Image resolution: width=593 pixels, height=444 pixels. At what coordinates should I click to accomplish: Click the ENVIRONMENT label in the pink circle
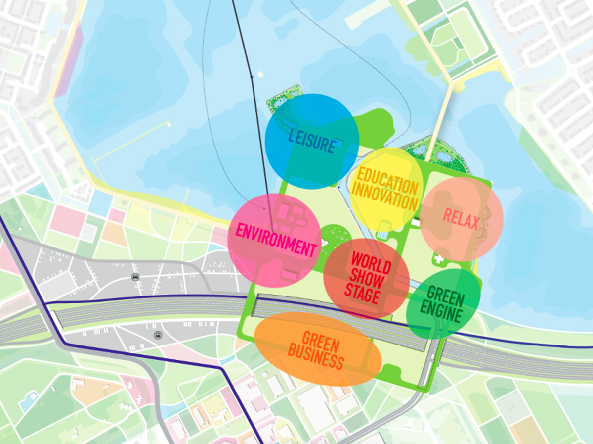(x=275, y=240)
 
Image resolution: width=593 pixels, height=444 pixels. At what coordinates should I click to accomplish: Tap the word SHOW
(x=368, y=280)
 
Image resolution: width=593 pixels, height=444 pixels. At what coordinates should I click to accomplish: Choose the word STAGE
(x=363, y=295)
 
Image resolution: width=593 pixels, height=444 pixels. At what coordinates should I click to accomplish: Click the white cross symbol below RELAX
(x=438, y=258)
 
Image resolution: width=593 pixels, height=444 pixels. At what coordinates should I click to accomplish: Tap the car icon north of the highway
(x=135, y=277)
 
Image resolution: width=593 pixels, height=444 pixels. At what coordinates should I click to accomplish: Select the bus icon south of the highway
(x=157, y=335)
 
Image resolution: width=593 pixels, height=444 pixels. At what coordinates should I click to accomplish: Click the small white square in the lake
(x=260, y=74)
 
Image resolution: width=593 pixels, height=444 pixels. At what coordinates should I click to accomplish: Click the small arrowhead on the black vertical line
(x=253, y=77)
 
